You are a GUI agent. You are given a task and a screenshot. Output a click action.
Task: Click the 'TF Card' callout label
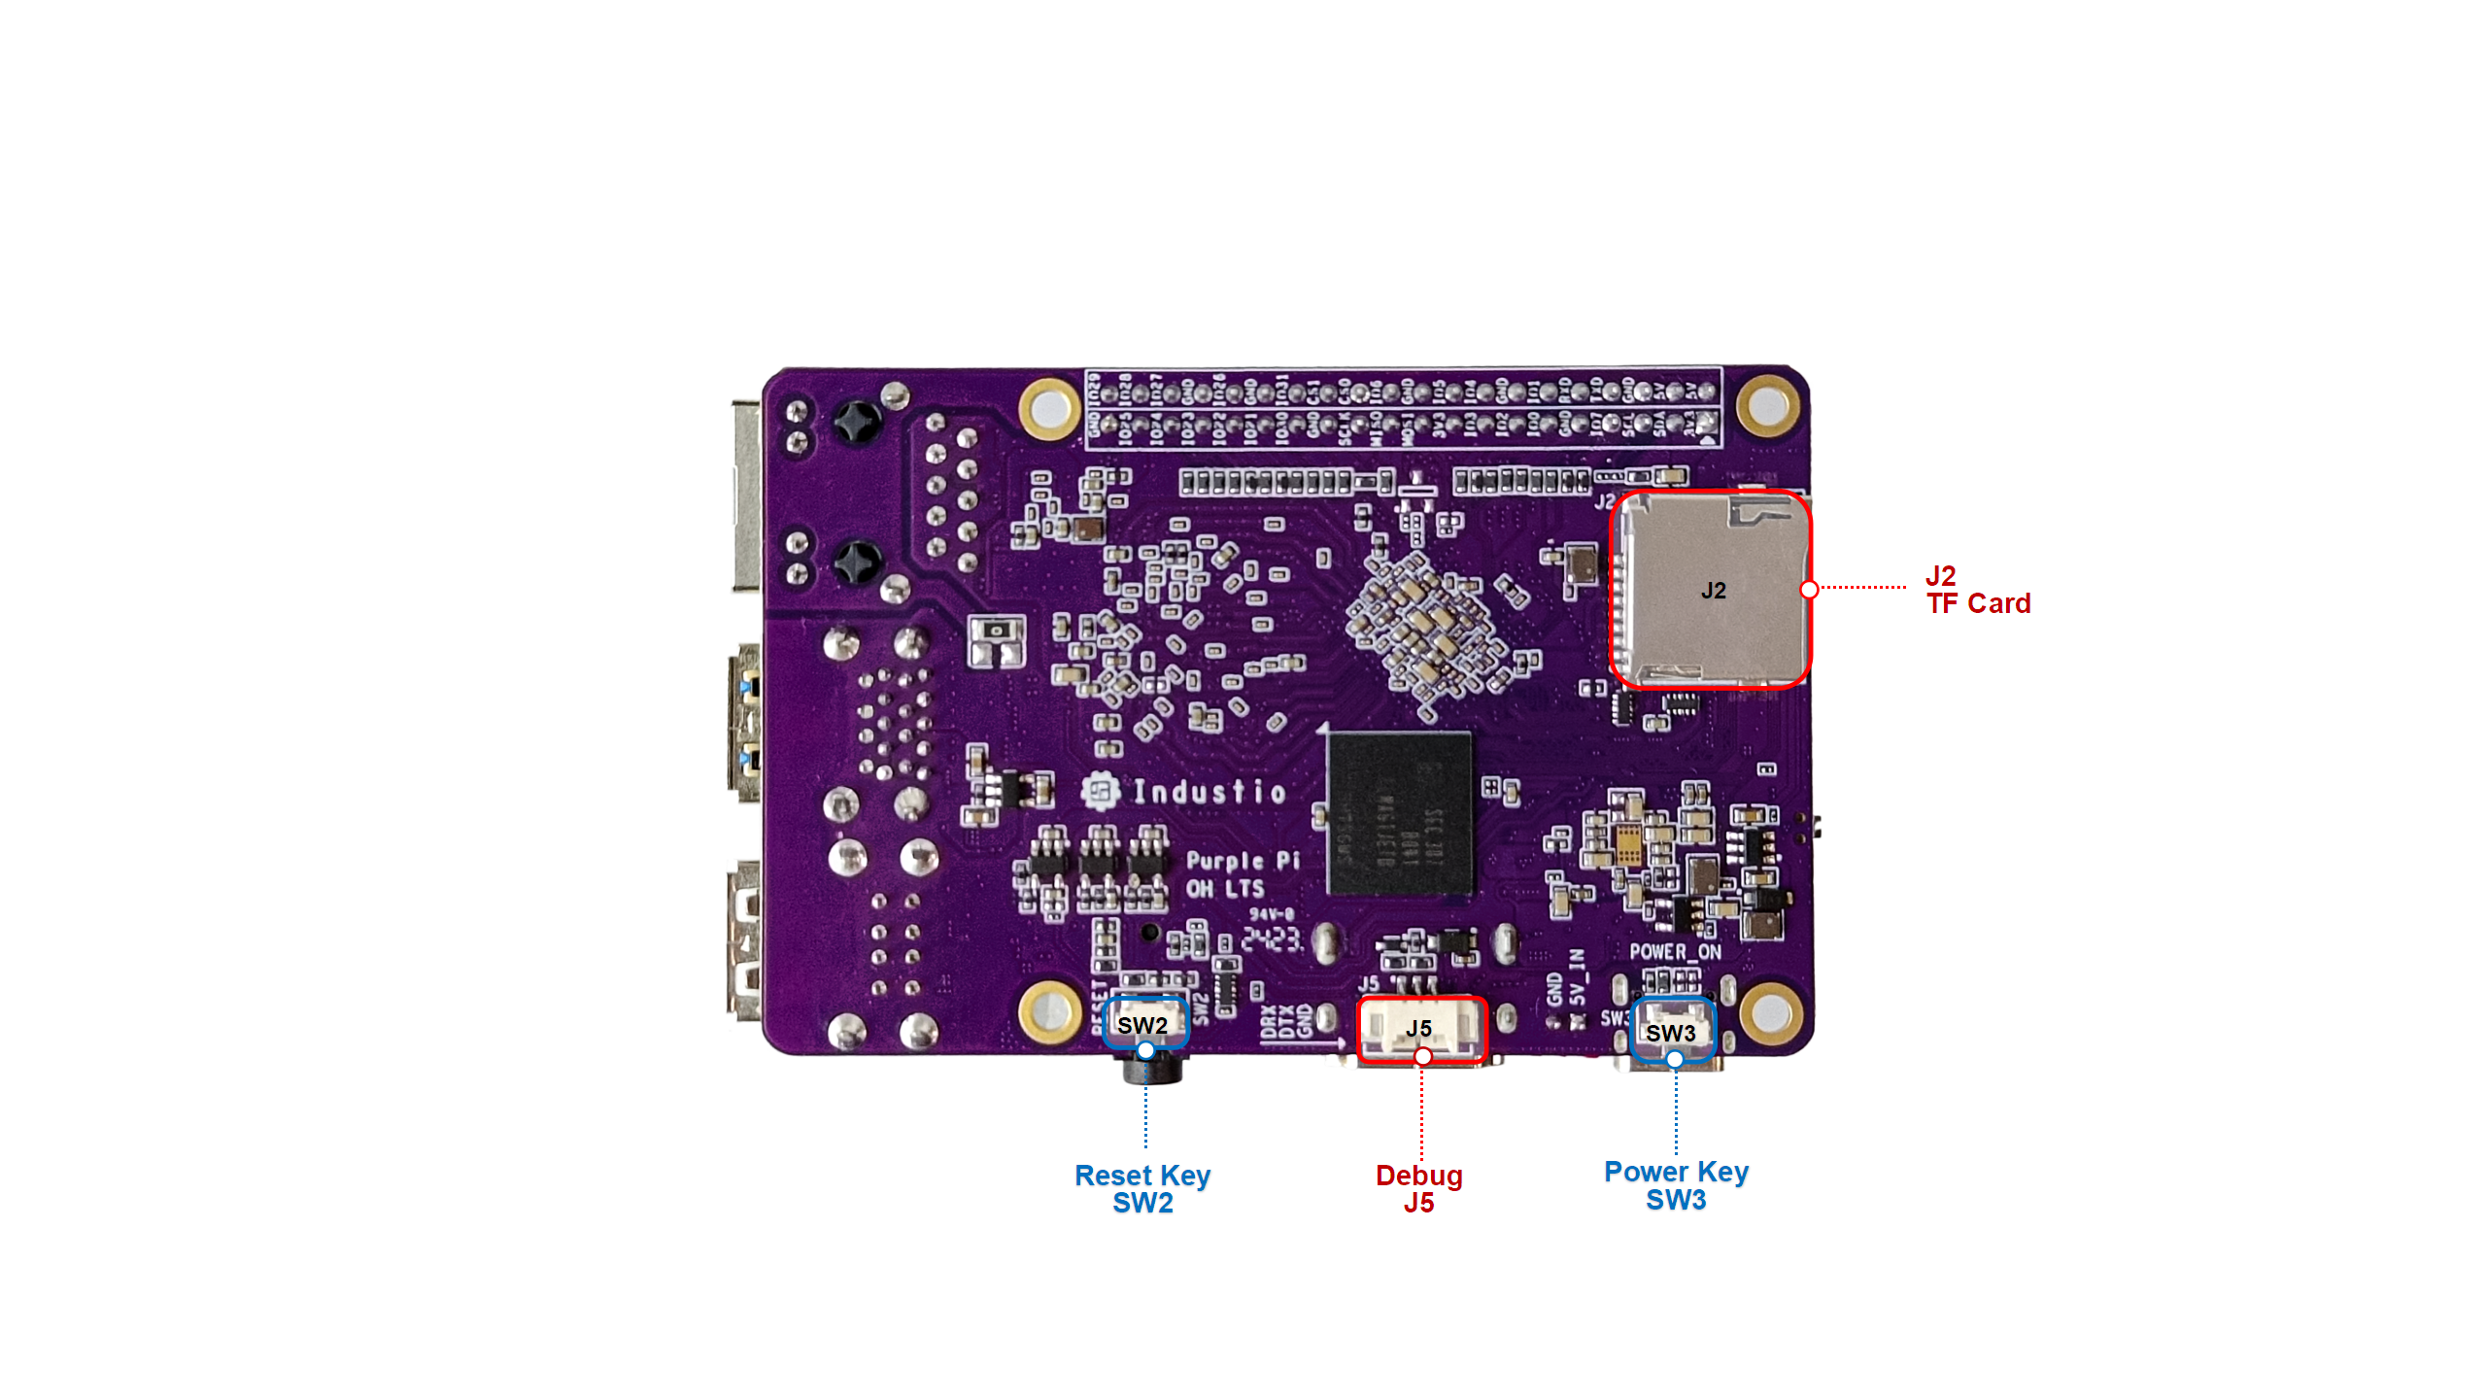coord(1978,603)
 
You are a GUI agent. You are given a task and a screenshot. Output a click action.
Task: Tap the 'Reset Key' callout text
coord(1142,1176)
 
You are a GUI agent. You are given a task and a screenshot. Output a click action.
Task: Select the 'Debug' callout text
coord(1418,1176)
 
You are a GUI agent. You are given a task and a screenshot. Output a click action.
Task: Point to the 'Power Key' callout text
coord(1676,1172)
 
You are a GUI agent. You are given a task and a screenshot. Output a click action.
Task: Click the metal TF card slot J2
coord(1710,590)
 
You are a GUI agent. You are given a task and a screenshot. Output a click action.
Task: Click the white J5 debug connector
coord(1421,1029)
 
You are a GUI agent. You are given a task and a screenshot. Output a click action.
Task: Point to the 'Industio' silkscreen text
coord(1209,793)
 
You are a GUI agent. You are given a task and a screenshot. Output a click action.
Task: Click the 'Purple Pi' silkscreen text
coord(1243,861)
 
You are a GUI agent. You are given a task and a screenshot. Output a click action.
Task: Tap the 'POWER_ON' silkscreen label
coord(1675,952)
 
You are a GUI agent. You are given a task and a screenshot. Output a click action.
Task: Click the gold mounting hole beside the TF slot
coord(1767,406)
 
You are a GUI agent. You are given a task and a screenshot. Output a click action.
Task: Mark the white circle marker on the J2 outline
coord(1809,590)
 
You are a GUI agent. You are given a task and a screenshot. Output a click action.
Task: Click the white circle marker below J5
coord(1422,1056)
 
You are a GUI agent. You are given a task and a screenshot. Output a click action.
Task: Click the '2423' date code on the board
coord(1272,938)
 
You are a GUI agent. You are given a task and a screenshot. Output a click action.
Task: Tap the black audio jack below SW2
coord(1153,1070)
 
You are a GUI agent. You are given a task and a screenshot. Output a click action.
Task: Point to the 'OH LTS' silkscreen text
coord(1225,889)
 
